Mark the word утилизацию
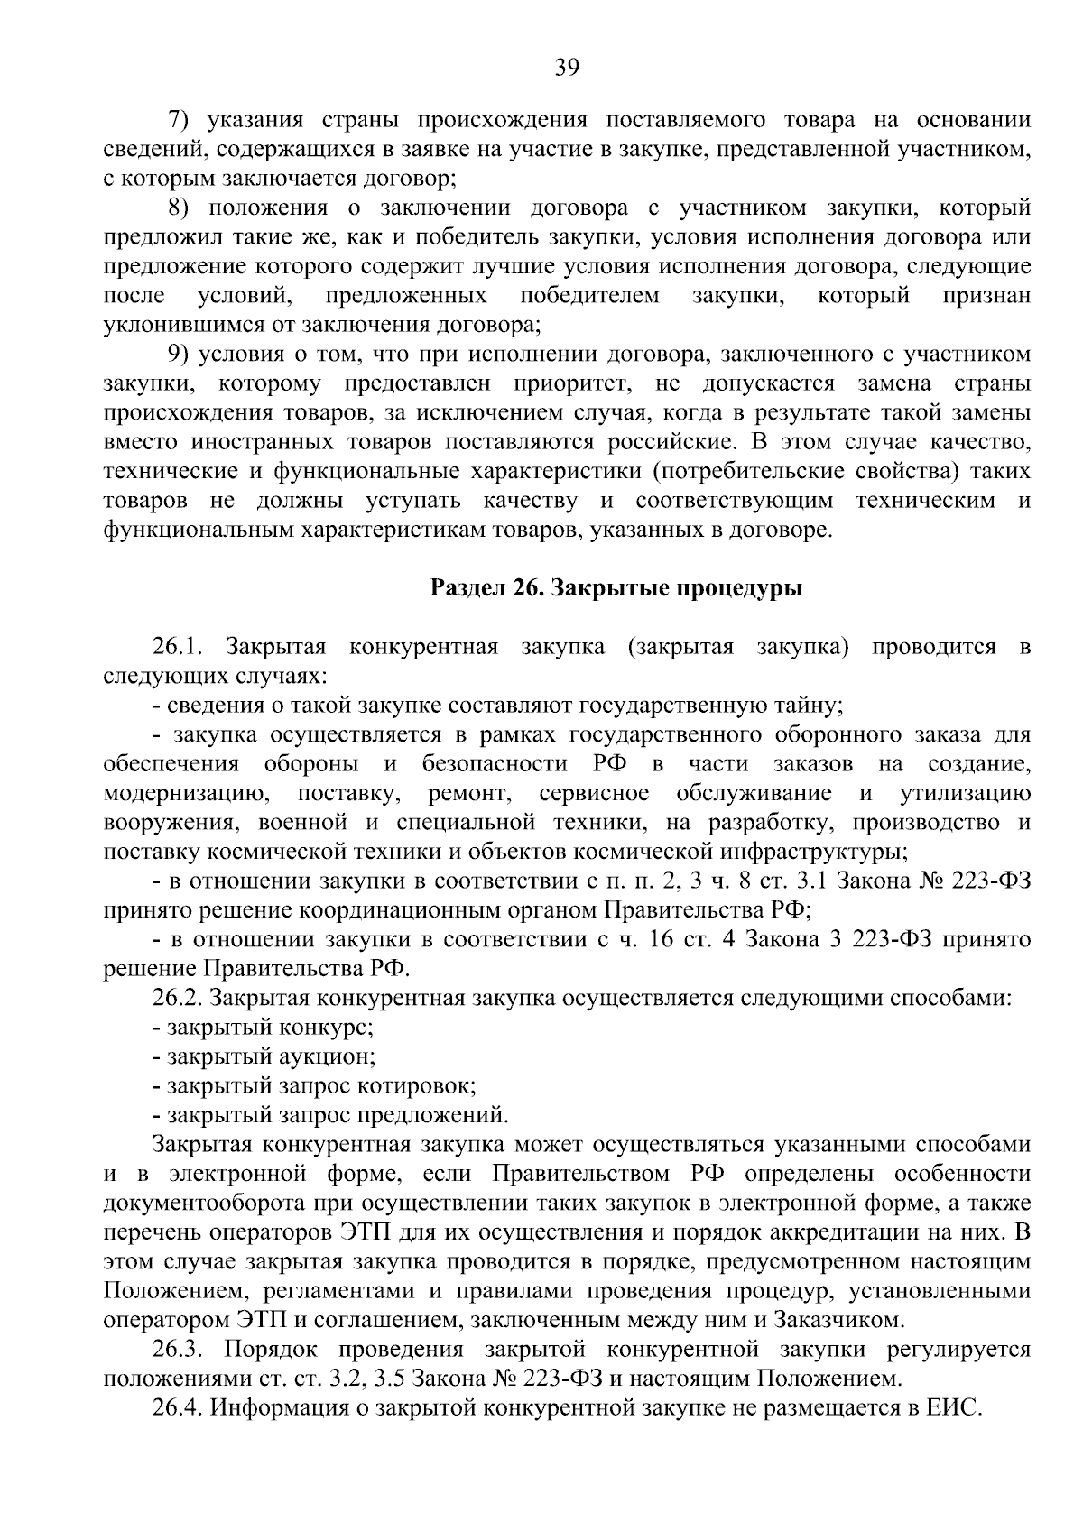click(x=965, y=793)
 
